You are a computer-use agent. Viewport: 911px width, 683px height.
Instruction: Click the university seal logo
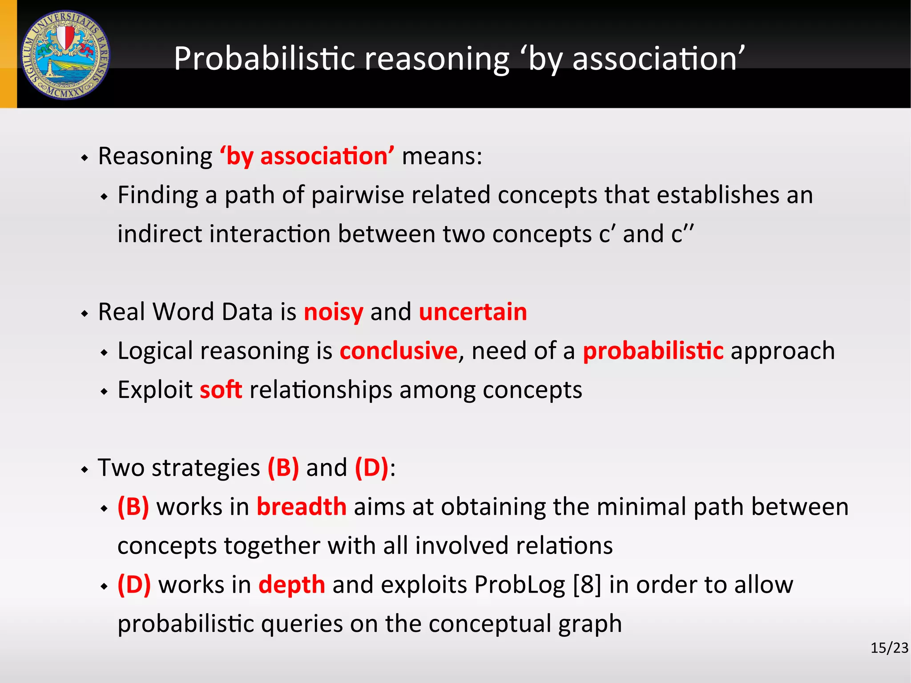point(66,55)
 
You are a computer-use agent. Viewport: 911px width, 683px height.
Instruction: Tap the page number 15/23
point(889,648)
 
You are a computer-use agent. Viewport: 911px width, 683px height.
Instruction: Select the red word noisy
point(333,311)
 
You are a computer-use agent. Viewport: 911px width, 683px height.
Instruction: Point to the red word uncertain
point(473,311)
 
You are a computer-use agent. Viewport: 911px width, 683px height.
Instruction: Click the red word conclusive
point(399,351)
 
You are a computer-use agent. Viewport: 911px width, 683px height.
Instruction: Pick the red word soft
point(221,390)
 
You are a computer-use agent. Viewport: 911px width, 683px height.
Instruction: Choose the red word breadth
point(302,507)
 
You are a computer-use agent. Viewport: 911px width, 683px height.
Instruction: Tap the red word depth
point(292,585)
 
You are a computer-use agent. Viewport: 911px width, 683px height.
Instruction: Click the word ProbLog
point(520,585)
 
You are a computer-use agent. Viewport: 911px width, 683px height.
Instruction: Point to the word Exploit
point(155,390)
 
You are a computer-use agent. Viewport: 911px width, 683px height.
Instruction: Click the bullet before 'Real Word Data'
point(85,314)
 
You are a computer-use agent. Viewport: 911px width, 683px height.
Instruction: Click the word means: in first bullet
point(442,156)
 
